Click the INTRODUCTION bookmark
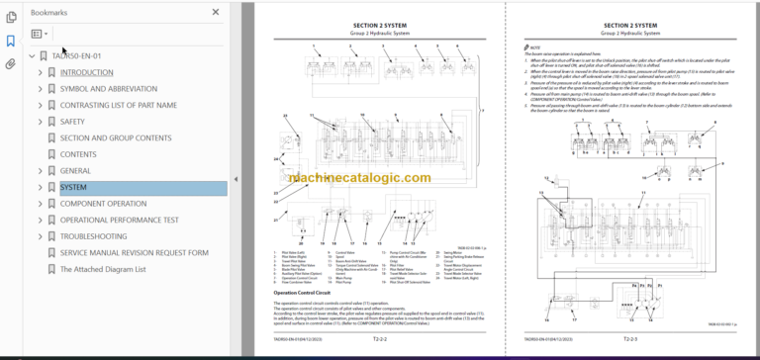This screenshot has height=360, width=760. (x=86, y=72)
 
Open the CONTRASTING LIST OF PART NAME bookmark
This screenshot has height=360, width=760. (x=118, y=105)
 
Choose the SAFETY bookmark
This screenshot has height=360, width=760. (x=74, y=122)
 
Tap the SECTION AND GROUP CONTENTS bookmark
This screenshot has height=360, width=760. (x=115, y=138)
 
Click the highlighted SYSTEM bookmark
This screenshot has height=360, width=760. (x=73, y=187)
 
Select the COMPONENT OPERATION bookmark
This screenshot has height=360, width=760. (x=103, y=204)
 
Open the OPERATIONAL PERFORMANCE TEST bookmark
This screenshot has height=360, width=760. (x=119, y=220)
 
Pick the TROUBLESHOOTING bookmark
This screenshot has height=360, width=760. (x=93, y=236)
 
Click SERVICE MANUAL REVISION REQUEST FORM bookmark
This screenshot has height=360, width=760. (x=134, y=252)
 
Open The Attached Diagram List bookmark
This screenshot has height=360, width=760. (x=102, y=269)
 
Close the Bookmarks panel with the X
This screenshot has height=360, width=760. (x=216, y=12)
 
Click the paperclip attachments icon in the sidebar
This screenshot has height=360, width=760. (x=11, y=64)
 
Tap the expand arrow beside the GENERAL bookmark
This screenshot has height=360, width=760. (x=40, y=171)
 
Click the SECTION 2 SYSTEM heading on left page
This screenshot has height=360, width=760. (x=377, y=24)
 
